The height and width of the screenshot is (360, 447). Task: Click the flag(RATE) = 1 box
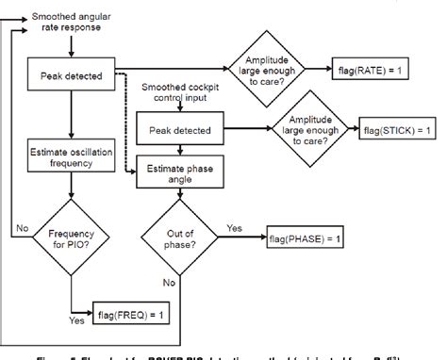pos(378,70)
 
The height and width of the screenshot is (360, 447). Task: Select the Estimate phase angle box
pos(180,170)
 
